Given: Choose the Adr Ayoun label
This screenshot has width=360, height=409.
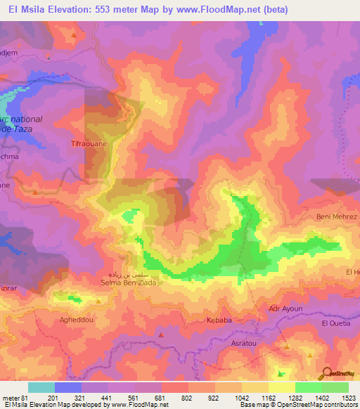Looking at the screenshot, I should pos(285,309).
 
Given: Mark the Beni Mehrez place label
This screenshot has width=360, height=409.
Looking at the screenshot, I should pos(337,216).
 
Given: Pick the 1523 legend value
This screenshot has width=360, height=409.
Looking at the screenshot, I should pos(347,397).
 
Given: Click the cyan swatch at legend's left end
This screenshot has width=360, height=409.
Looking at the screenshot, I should pos(41,387).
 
